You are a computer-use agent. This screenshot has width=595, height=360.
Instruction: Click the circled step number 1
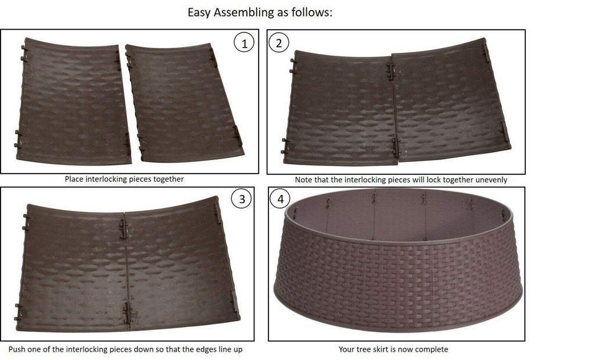tap(244, 43)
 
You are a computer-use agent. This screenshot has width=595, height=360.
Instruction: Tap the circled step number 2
tap(279, 43)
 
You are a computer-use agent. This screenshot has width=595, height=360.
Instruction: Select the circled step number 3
tap(242, 199)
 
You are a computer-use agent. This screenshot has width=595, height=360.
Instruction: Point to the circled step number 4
tap(281, 199)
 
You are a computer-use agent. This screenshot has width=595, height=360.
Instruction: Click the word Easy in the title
tap(199, 13)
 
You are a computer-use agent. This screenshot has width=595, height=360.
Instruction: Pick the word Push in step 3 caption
tap(17, 350)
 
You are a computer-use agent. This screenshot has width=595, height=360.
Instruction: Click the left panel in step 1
tap(73, 101)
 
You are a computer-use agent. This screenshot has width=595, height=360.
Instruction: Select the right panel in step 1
tap(184, 102)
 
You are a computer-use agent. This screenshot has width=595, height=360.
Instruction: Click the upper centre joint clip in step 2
tap(391, 71)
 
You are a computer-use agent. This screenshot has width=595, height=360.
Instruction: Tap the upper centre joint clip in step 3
tap(124, 229)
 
